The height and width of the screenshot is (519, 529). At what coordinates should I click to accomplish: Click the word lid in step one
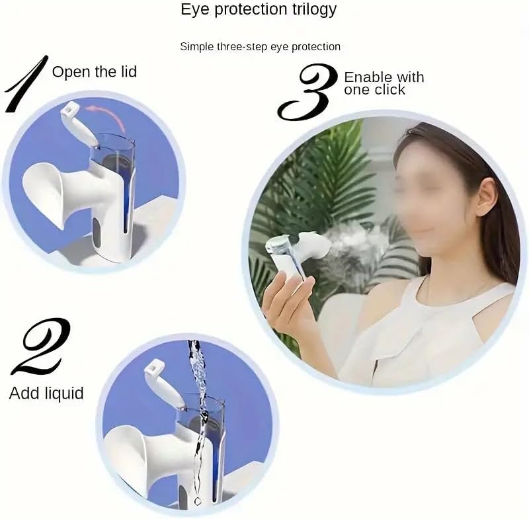(x=125, y=71)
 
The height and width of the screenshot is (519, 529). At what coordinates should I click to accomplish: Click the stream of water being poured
(x=196, y=410)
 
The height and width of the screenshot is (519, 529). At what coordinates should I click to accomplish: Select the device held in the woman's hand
(x=288, y=255)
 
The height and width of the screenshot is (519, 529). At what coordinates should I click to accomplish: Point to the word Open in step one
(x=69, y=71)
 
